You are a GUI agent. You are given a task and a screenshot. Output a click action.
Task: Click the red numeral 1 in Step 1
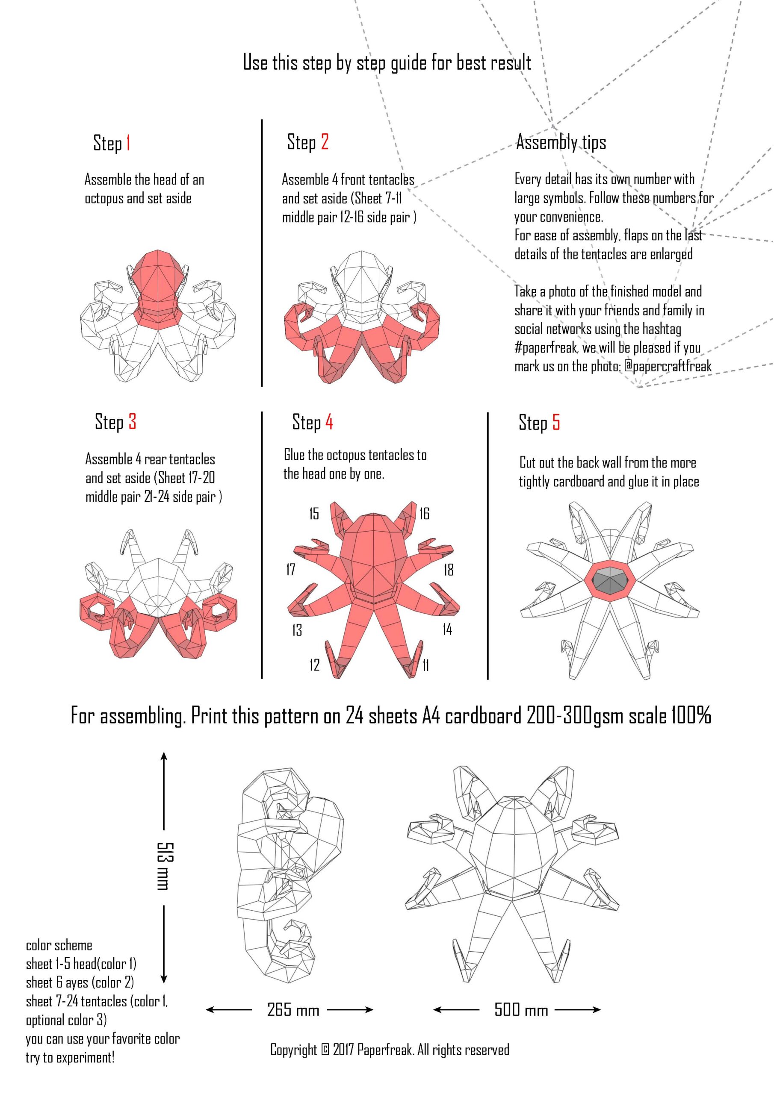pos(128,143)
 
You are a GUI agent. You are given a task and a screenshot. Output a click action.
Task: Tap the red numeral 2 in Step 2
pos(325,142)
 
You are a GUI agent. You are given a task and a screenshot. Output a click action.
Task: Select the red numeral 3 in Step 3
pos(132,422)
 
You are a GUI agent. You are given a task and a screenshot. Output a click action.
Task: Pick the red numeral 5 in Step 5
pos(556,423)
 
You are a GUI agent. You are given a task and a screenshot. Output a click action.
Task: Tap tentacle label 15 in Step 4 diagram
pos(314,514)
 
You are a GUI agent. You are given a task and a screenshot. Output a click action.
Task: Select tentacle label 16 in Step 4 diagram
pos(425,514)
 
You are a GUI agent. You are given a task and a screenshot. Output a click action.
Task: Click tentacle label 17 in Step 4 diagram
pos(290,569)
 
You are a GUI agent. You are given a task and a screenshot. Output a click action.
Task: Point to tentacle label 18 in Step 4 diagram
pos(448,569)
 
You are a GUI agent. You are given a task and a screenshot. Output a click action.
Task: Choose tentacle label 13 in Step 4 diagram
pos(297,630)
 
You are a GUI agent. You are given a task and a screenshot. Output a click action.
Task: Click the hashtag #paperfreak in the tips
pos(546,348)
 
